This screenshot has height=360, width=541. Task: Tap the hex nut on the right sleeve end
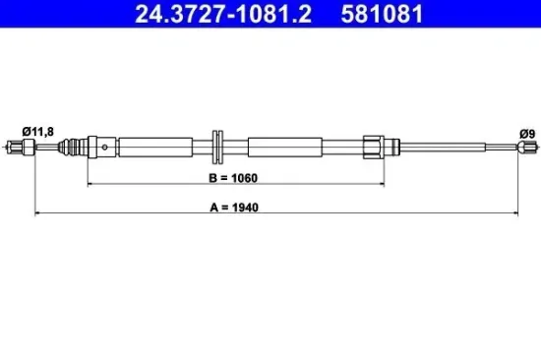pos(373,147)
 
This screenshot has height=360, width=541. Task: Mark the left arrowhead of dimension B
pos(91,183)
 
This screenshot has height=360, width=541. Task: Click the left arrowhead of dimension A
pos(38,211)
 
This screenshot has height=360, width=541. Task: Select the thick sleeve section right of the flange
pos(285,148)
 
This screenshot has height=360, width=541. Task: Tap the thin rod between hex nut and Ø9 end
pos(452,148)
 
